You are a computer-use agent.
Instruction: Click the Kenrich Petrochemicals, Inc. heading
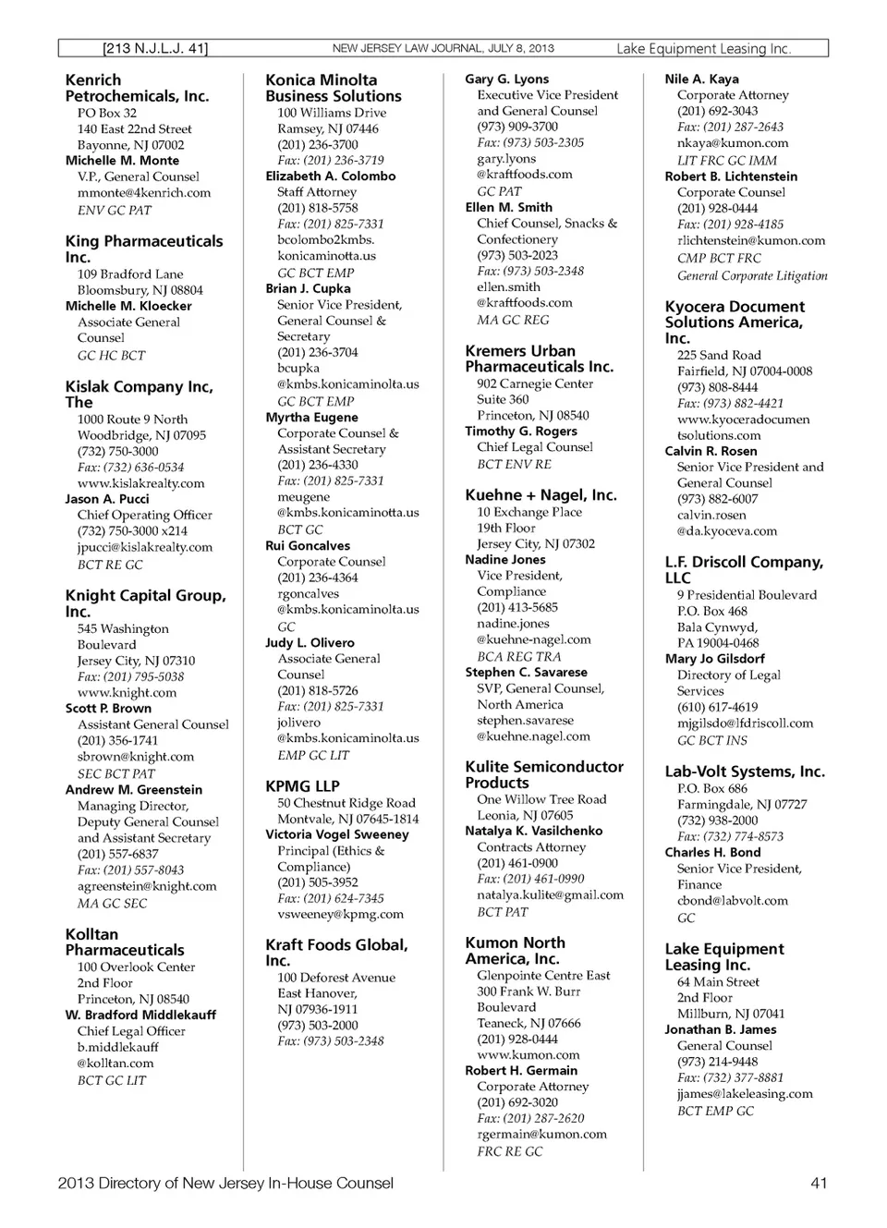[x=137, y=88]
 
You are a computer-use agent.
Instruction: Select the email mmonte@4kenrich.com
[x=143, y=193]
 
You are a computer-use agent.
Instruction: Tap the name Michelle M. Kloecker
[x=128, y=306]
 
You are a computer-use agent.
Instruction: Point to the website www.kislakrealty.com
[x=140, y=483]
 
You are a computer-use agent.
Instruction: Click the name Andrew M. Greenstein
[x=133, y=790]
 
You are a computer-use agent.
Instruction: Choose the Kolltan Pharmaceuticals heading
[x=125, y=942]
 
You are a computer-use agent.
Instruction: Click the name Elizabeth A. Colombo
[x=330, y=176]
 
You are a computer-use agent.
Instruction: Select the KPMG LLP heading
[x=302, y=786]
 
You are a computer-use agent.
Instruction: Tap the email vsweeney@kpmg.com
[x=340, y=914]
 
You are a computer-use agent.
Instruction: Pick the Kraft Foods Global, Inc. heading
[x=336, y=952]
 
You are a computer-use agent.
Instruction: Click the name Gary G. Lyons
[x=506, y=79]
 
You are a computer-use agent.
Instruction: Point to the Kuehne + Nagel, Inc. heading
[x=541, y=495]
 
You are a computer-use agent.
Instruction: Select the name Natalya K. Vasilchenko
[x=533, y=831]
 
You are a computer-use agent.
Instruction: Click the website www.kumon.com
[x=528, y=1054]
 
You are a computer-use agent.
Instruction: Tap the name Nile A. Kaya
[x=701, y=79]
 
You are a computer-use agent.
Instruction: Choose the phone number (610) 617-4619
[x=717, y=707]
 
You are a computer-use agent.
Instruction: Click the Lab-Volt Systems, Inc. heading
[x=745, y=772]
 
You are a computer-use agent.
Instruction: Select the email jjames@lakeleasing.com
[x=745, y=1093]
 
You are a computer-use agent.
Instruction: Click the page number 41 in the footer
[x=818, y=1183]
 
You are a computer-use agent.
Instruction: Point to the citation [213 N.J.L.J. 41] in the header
[x=155, y=48]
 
